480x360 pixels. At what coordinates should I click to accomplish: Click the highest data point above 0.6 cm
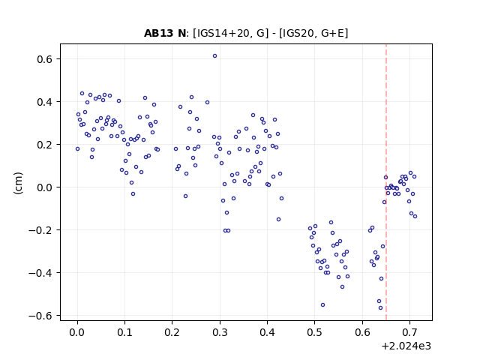click(x=215, y=56)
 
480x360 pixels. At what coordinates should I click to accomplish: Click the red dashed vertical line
click(x=386, y=182)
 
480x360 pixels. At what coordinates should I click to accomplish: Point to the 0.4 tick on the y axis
click(x=60, y=102)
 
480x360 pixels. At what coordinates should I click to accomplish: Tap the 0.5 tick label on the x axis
click(x=315, y=332)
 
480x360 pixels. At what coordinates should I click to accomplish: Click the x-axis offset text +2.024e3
click(x=406, y=346)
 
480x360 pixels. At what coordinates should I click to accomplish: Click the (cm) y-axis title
click(x=18, y=183)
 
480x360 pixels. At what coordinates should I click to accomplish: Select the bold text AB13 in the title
click(x=158, y=33)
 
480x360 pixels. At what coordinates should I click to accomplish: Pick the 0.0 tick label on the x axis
click(x=77, y=332)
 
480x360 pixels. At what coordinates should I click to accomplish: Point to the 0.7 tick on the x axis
click(x=410, y=321)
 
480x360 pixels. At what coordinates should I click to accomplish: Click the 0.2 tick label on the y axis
click(x=44, y=145)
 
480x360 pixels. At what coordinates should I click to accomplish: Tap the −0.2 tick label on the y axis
click(x=40, y=230)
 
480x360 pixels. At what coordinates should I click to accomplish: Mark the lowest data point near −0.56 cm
click(x=380, y=308)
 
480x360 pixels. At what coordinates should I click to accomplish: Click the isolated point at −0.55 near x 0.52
click(x=322, y=305)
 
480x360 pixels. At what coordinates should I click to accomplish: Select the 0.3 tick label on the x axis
click(x=220, y=332)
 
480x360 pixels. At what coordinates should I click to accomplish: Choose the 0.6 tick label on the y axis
click(x=44, y=59)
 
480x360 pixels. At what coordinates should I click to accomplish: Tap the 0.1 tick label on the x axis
click(x=125, y=332)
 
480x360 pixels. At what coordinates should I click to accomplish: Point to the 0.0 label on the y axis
click(x=44, y=187)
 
